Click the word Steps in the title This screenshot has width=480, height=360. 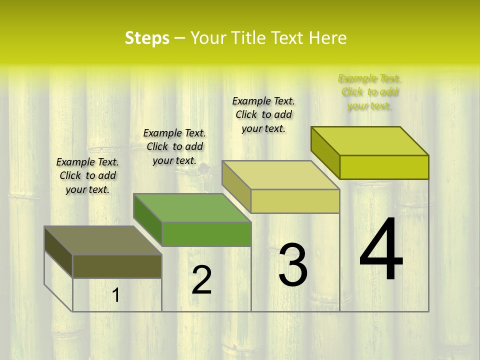(147, 38)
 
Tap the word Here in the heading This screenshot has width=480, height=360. (328, 38)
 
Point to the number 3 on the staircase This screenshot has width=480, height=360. (292, 265)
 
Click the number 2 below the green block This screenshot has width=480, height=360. (201, 280)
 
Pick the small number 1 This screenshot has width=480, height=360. (116, 295)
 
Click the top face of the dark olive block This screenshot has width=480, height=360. (102, 240)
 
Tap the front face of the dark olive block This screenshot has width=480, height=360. (117, 266)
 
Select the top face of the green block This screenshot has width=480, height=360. (191, 208)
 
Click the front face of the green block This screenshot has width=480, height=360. (206, 234)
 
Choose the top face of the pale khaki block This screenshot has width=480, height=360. (280, 175)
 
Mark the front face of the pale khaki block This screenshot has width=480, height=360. (295, 201)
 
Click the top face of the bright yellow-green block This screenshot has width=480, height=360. (369, 141)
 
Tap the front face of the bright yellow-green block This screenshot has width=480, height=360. (384, 167)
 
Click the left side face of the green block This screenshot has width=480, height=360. (148, 220)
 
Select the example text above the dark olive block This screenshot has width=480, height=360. (87, 175)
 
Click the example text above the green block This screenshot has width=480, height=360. (174, 146)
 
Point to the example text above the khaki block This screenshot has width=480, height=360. (263, 114)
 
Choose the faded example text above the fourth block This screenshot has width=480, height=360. (369, 92)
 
